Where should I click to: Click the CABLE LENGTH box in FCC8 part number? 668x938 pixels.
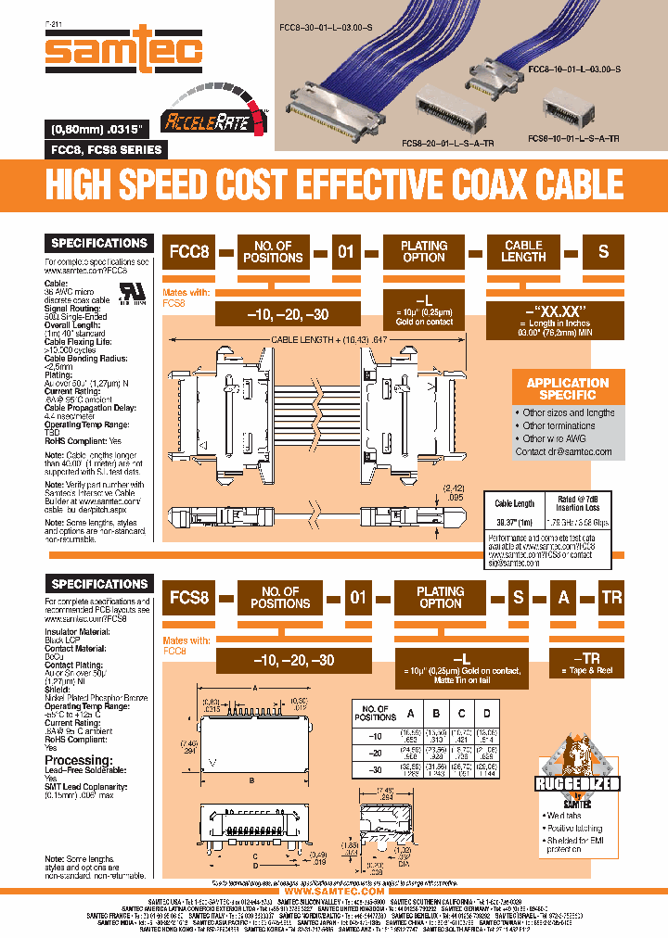coord(523,251)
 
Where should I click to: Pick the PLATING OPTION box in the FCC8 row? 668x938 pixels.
coord(423,251)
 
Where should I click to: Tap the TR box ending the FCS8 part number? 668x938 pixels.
coord(611,597)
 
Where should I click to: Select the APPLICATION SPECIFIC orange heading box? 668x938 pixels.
coord(567,389)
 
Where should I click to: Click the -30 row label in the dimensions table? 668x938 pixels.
coord(377,771)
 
